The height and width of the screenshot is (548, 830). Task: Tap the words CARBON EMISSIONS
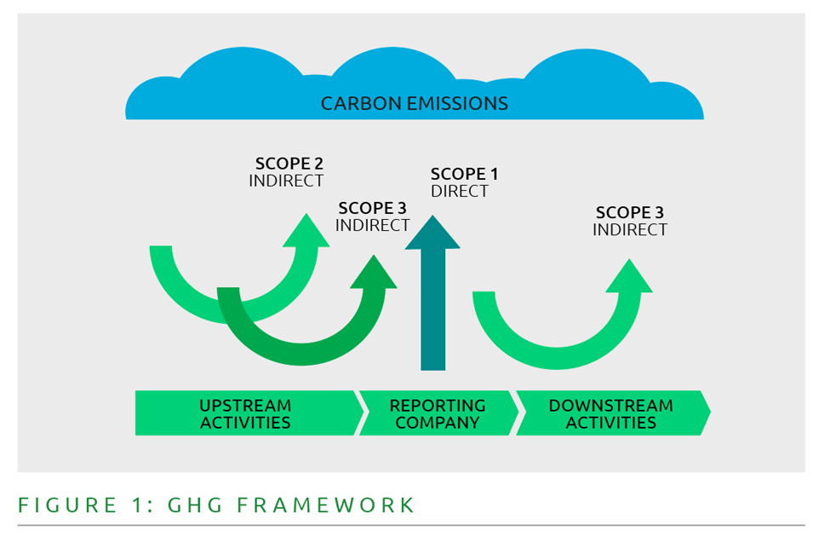point(414,104)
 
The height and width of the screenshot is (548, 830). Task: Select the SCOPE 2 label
point(289,164)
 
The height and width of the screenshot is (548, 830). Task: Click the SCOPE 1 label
point(464,174)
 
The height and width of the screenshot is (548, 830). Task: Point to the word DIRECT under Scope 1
point(460,192)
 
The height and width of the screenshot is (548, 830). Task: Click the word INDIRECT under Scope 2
point(286,182)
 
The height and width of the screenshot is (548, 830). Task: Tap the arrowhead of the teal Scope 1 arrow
point(432,233)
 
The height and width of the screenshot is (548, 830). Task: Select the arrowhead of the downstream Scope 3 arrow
point(629,276)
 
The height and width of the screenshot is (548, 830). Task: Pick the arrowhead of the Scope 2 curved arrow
point(306,231)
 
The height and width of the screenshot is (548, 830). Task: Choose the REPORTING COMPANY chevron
point(438,414)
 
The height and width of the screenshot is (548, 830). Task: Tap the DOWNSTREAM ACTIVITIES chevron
point(611,414)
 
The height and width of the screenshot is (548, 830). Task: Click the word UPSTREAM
point(245,406)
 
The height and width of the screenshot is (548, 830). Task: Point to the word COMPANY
point(438,423)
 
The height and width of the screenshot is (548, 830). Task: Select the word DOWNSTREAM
point(611,406)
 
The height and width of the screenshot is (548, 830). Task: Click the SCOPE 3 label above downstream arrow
point(630,213)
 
